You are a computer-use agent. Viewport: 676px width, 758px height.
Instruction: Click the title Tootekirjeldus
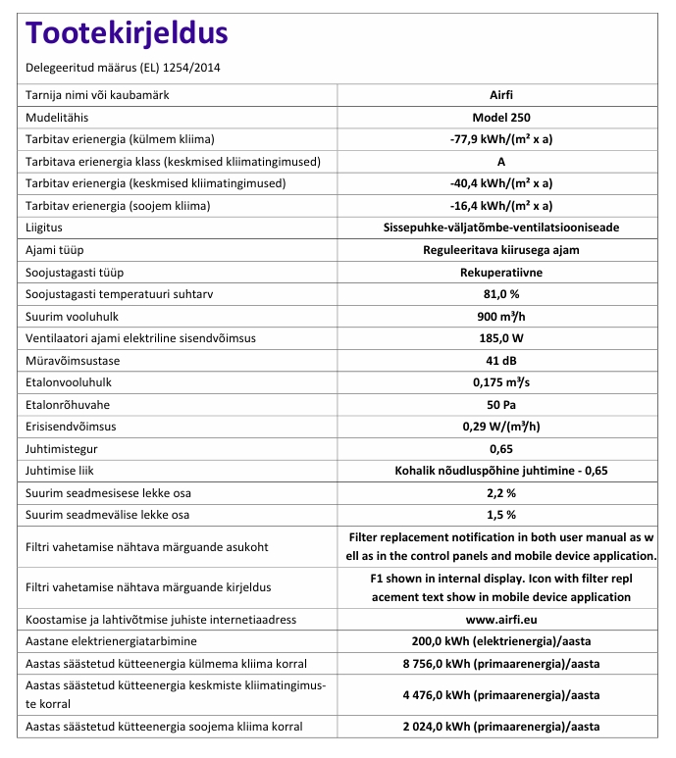pos(128,33)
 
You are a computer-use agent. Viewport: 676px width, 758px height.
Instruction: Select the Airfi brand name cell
pos(501,95)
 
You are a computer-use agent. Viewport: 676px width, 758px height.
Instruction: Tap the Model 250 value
pos(501,117)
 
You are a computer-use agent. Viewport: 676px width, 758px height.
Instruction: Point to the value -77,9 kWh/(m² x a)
pos(501,139)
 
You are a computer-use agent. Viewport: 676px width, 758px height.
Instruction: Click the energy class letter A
pos(501,161)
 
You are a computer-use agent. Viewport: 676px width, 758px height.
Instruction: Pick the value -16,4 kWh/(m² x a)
pos(501,206)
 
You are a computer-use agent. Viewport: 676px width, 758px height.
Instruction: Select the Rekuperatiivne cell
pos(501,272)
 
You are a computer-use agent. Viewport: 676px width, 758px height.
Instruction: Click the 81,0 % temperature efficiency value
pos(501,294)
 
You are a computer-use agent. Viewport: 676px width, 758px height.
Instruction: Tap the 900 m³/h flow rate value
pos(501,316)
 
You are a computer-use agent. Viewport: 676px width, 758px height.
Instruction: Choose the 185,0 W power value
pos(501,338)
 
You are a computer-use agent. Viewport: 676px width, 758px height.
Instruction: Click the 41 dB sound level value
pos(501,360)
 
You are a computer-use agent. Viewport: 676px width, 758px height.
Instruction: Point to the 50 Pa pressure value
pos(501,404)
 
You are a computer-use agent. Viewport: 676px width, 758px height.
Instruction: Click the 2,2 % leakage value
pos(501,492)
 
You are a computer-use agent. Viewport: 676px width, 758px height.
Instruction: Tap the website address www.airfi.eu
pos(501,619)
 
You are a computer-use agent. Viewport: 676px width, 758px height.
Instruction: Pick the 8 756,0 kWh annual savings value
pos(501,663)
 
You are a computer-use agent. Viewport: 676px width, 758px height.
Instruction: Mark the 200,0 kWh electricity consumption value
pos(501,641)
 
